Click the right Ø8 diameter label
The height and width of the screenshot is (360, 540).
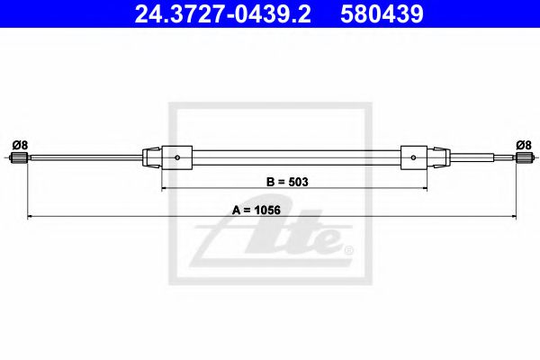tap(523, 144)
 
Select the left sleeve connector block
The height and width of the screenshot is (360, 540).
tap(176, 158)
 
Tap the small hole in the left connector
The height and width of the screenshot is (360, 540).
tap(178, 159)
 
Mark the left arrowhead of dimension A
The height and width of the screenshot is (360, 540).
tap(31, 217)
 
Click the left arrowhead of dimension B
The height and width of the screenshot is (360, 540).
tap(165, 188)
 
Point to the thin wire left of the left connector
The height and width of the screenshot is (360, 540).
tap(90, 158)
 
